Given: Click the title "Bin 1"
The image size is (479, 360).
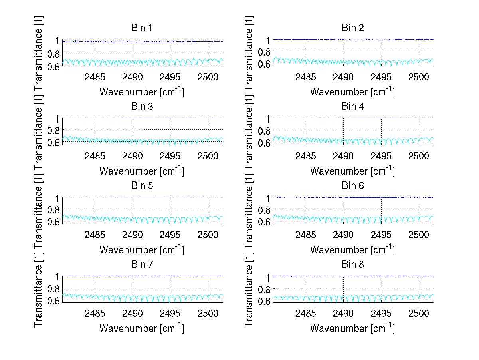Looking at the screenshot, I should (x=141, y=28).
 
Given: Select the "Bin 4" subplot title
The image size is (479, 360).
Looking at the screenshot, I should (x=352, y=107).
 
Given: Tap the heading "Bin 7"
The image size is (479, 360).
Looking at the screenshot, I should (x=141, y=265).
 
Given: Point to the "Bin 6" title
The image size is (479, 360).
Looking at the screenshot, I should (x=352, y=186).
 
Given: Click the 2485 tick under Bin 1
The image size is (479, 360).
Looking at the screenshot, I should (x=95, y=77).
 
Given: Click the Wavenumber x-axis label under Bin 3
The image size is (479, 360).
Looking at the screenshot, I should (x=141, y=171).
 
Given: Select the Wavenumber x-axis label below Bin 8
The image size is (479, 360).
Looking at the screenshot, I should (x=352, y=328).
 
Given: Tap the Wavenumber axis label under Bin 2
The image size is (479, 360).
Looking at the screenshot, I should (x=352, y=92).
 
